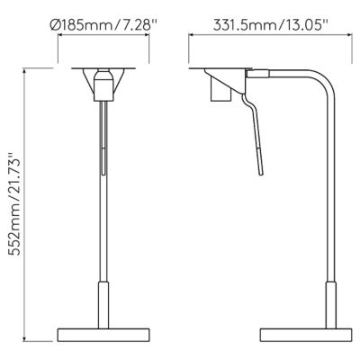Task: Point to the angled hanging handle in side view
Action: [258, 135]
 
